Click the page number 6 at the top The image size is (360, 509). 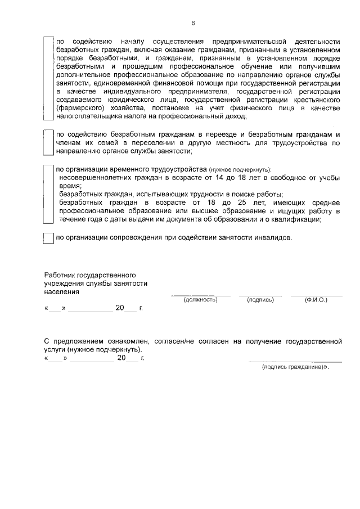[192, 23]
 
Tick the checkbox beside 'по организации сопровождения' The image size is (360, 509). [48, 238]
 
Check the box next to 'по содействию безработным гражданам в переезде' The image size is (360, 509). [48, 143]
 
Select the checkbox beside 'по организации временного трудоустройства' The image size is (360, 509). [48, 194]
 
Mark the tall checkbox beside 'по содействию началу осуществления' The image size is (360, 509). [48, 79]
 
